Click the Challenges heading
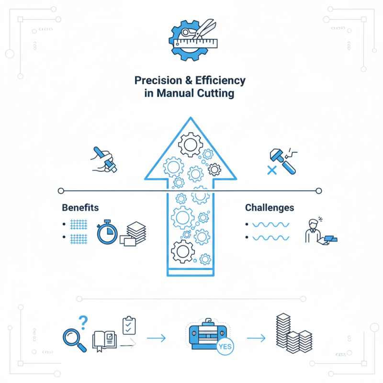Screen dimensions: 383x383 pyautogui.click(x=270, y=208)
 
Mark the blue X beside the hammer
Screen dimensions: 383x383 pyautogui.click(x=272, y=169)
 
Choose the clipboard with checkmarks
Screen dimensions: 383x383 pyautogui.click(x=129, y=325)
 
